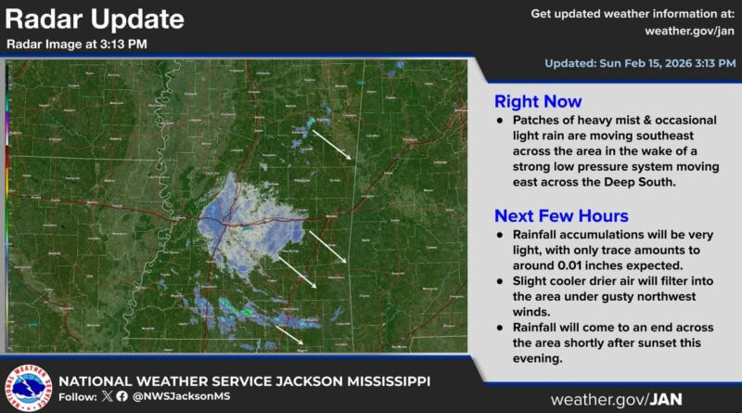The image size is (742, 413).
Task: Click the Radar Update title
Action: pyautogui.click(x=95, y=19)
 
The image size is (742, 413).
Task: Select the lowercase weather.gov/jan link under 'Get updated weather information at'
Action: pyautogui.click(x=684, y=31)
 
